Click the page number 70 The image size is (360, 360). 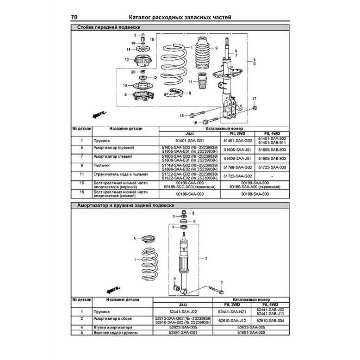[x=74, y=18]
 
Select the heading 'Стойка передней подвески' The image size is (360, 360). [x=108, y=27]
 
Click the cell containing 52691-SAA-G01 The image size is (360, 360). [x=182, y=332]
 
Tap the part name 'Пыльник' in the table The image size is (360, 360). [x=101, y=165]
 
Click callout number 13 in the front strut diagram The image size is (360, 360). [x=126, y=59]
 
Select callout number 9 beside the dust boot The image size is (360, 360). [x=217, y=48]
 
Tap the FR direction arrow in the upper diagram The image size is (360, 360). [x=98, y=114]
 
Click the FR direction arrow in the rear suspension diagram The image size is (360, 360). [x=112, y=290]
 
